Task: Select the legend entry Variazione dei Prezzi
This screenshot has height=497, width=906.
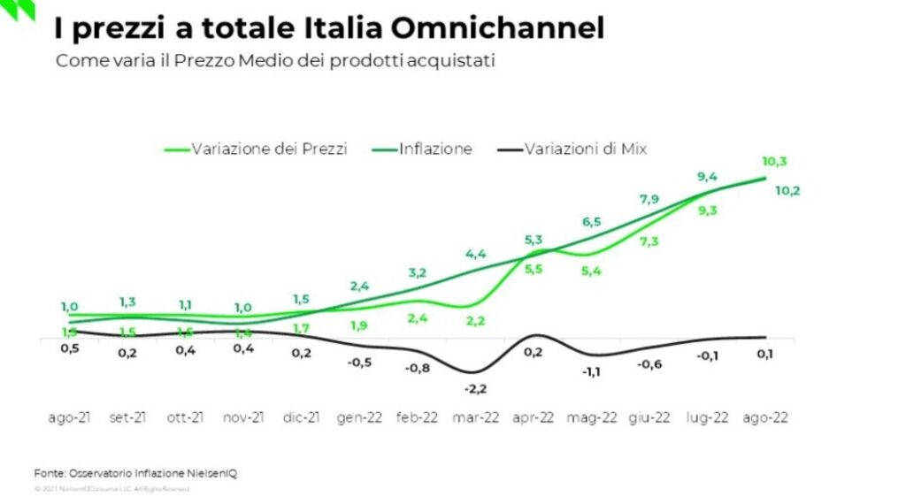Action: [x=256, y=149]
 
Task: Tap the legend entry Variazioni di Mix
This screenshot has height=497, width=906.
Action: [x=571, y=149]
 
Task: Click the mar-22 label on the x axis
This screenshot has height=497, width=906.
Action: [x=476, y=418]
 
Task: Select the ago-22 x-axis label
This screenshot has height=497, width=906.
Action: [x=764, y=418]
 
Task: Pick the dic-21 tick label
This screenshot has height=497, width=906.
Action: [x=301, y=418]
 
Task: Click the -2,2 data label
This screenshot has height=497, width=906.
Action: [x=476, y=389]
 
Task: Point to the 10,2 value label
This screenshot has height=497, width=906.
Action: [x=787, y=190]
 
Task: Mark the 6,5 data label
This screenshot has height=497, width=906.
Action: [x=591, y=222]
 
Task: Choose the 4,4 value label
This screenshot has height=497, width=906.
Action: [x=476, y=255]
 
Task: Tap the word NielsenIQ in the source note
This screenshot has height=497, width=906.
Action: [x=212, y=473]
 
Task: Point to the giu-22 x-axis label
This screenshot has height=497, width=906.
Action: [x=649, y=418]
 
